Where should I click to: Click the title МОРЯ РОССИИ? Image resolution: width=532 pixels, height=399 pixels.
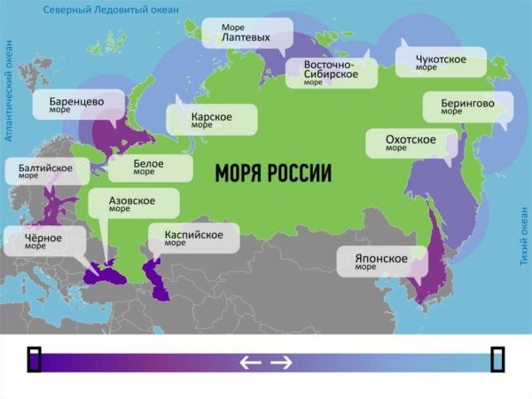272,172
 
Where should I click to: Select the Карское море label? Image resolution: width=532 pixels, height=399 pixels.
212,120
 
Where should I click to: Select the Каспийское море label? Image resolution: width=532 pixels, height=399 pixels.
193,238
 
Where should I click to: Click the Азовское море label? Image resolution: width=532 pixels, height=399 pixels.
133,204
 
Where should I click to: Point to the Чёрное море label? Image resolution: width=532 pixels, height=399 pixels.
44,240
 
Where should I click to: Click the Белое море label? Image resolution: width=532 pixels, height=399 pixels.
158,167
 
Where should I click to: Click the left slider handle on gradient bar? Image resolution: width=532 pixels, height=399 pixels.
34,358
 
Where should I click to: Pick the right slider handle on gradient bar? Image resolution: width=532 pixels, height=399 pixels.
498,358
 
